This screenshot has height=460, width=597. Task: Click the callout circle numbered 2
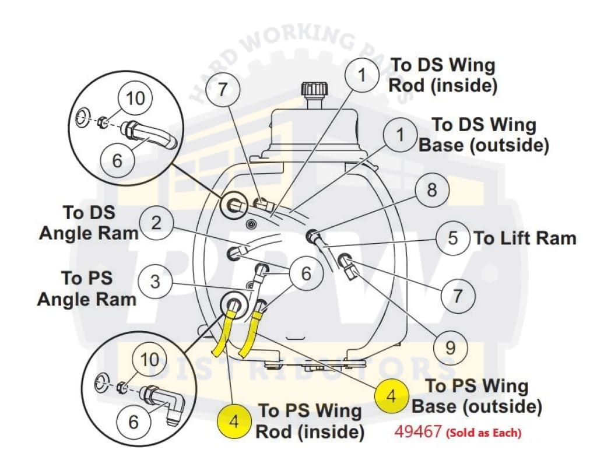pos(156,223)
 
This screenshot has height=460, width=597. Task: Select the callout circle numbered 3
pos(154,282)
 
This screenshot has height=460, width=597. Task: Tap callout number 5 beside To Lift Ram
pos(453,239)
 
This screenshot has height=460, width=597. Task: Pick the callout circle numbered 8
pos(432,190)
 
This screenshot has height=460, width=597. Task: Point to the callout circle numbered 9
pos(450,348)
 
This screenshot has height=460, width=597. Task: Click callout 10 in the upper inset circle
pos(135,97)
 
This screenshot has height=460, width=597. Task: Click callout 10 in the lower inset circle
pos(150,359)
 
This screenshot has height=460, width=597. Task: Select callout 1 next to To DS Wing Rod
pos(361,75)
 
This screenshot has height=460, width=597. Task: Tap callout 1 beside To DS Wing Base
pos(400,135)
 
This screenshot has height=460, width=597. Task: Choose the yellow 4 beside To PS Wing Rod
pos(234,421)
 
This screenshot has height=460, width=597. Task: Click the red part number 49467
pos(418,433)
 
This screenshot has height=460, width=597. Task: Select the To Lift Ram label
pos(525,238)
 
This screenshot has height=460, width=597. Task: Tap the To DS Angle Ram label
pos(89,223)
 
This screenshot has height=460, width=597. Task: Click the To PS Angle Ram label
pos(87,289)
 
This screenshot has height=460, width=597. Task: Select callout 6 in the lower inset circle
pos(134,421)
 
